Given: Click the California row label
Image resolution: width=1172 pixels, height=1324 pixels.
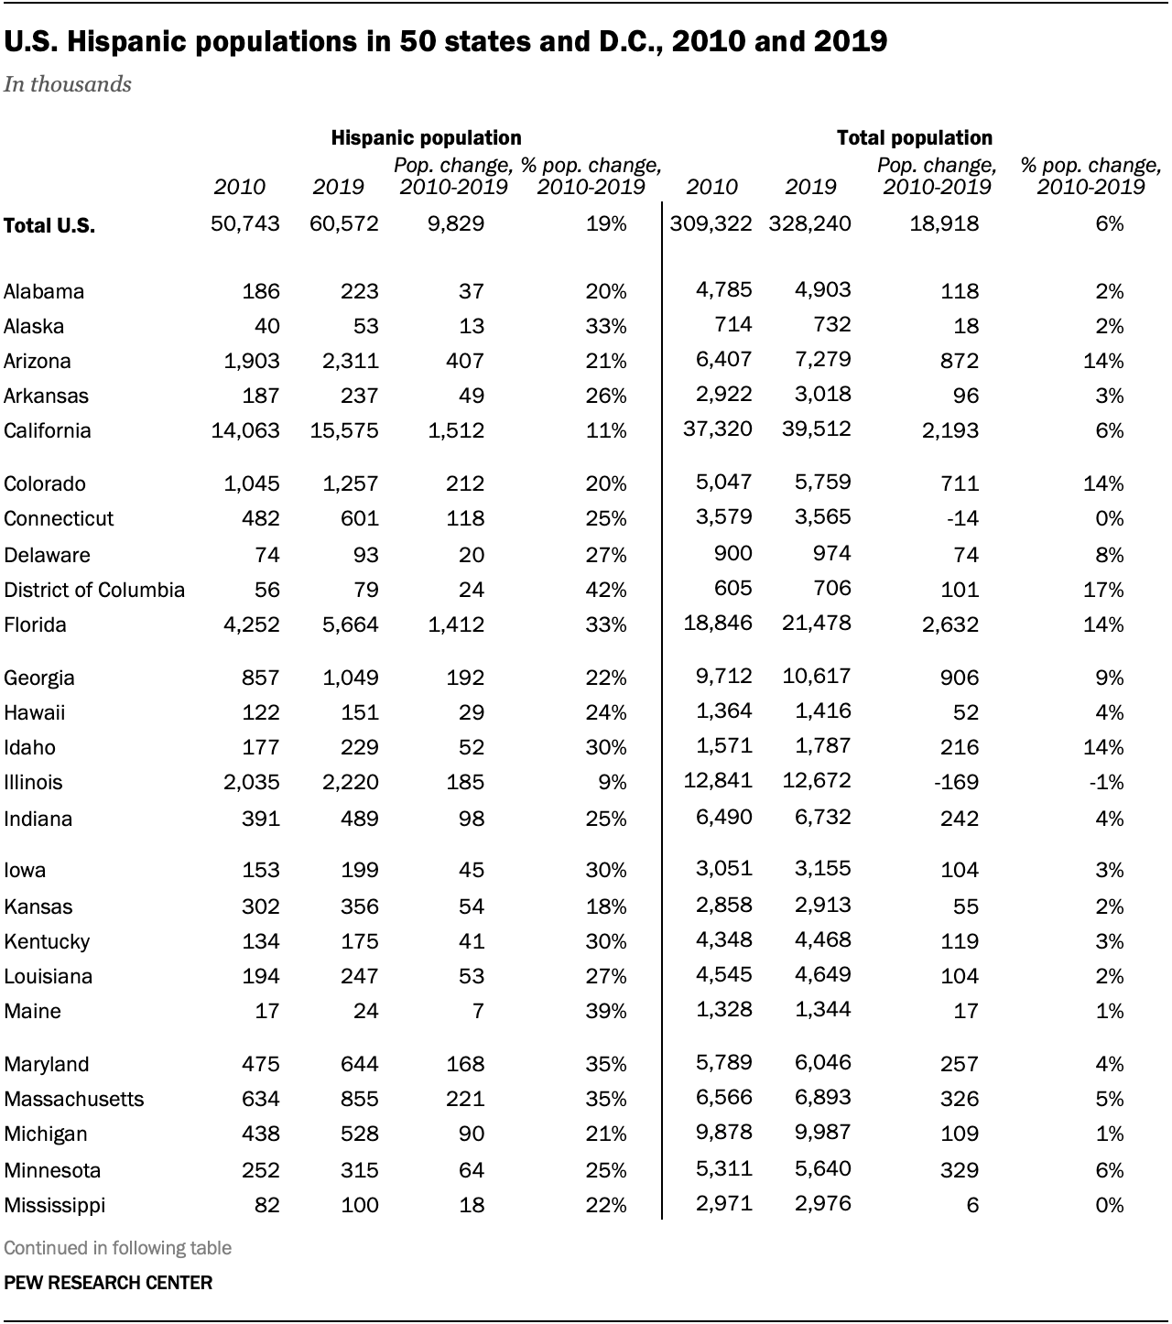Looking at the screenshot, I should (48, 431).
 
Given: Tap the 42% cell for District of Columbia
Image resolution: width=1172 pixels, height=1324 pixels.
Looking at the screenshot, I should (606, 591).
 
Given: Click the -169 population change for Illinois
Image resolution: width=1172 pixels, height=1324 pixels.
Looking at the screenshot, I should (956, 783).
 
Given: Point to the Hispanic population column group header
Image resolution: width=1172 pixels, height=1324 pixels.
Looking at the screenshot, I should (426, 138).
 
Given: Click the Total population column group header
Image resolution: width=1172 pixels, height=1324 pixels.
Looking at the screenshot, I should (914, 138).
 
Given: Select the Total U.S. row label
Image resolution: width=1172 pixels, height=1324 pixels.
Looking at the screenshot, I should (49, 226).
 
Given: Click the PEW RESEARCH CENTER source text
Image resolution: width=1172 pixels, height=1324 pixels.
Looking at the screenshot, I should (108, 1283).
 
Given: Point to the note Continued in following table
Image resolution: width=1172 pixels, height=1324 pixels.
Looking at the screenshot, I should (117, 1248).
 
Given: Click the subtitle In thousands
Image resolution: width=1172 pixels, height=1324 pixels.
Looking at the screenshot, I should (68, 85).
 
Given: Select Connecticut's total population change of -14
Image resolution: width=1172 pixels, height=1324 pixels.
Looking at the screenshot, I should (961, 519).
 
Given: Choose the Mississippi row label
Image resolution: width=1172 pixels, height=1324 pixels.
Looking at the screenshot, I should (54, 1206).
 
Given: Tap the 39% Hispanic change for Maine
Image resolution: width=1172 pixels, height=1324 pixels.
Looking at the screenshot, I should (606, 1012).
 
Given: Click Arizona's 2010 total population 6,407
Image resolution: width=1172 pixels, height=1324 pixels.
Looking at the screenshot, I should (723, 360).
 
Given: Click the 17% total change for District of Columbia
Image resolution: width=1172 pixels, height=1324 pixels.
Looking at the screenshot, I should (1102, 591).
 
